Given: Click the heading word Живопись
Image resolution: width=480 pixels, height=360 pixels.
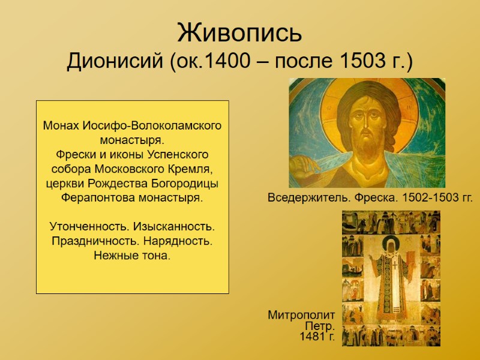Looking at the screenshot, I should click(x=239, y=32).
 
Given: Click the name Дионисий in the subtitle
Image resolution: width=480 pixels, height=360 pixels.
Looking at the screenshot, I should click(x=113, y=61).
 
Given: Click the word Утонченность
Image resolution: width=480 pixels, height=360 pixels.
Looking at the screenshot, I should click(x=86, y=227).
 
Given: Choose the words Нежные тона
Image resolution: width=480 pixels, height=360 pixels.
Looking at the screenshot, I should click(x=132, y=256).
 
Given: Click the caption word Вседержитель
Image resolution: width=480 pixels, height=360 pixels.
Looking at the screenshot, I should click(x=301, y=197).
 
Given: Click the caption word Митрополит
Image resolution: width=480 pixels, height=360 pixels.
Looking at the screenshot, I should click(x=301, y=315).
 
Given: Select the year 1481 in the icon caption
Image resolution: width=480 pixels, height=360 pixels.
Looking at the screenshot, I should click(x=311, y=337).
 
